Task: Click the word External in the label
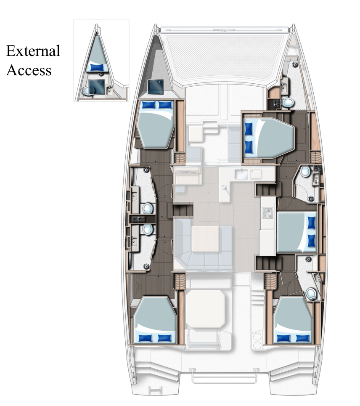point(33,51)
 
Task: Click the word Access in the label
point(29,70)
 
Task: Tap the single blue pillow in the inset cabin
point(97,67)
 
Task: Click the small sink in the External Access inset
point(109,90)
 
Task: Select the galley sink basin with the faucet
point(242,175)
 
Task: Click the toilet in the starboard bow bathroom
point(288,101)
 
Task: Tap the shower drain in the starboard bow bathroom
point(295,64)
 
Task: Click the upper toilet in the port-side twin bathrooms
point(147,208)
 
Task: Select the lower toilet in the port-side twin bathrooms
point(147,229)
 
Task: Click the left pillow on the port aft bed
point(146,338)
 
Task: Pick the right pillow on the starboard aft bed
point(302,338)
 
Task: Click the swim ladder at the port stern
point(156,390)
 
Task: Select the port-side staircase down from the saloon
point(182,210)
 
